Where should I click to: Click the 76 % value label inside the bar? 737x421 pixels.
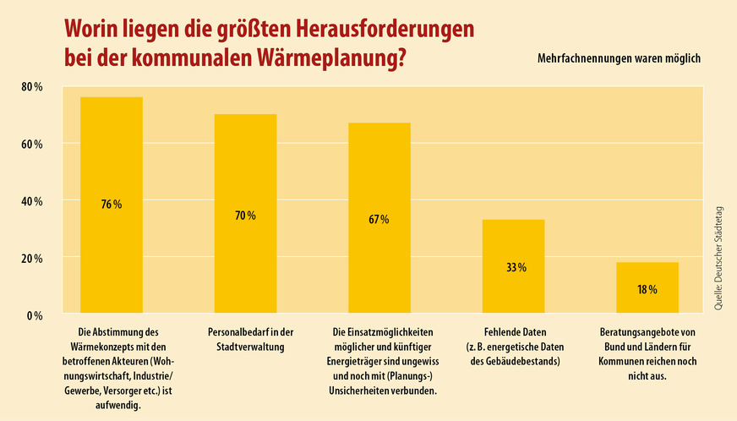pyautogui.click(x=112, y=205)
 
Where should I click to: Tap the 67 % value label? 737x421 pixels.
pyautogui.click(x=379, y=220)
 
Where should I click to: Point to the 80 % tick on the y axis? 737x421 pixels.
pyautogui.click(x=31, y=87)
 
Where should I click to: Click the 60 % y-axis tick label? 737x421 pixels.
pyautogui.click(x=31, y=145)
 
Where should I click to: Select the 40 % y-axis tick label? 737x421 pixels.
pyautogui.click(x=31, y=202)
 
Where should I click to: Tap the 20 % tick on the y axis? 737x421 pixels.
pyautogui.click(x=31, y=259)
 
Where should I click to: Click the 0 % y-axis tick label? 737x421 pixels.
pyautogui.click(x=34, y=316)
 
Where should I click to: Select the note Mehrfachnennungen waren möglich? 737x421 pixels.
pyautogui.click(x=619, y=59)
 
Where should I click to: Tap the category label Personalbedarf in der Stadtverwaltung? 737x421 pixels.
pyautogui.click(x=245, y=340)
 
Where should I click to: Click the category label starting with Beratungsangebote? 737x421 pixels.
pyautogui.click(x=647, y=354)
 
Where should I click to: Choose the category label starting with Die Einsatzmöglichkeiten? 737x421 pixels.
pyautogui.click(x=379, y=361)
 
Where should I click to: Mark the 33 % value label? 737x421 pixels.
pyautogui.click(x=516, y=267)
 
